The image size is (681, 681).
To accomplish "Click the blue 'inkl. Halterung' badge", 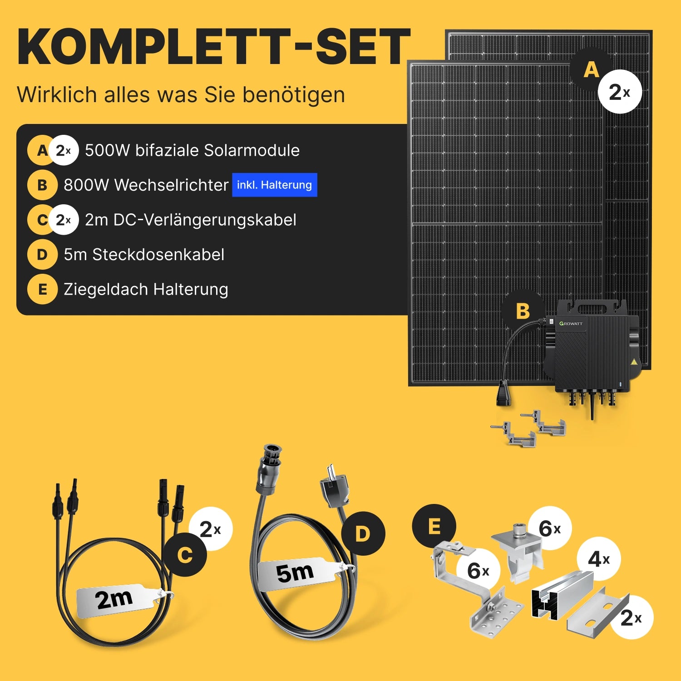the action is pos(275,185).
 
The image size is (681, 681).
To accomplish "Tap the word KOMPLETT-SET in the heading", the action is pos(214,47).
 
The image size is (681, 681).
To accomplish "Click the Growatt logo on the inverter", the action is pos(571,323).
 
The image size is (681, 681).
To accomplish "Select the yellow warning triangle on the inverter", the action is pos(634,362).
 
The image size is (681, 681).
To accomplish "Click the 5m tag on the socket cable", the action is pos(297,573).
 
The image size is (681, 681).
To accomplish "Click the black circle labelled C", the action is pos(185,555).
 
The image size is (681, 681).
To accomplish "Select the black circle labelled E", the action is pos(434,526).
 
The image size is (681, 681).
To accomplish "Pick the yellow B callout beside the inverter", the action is pos(523,311).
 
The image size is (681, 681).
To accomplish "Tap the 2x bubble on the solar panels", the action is pos(620,92).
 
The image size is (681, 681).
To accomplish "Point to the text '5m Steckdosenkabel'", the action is pos(144,255).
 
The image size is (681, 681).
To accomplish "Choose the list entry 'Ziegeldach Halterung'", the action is pos(146,290).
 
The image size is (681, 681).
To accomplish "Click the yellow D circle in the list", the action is pos(42,255).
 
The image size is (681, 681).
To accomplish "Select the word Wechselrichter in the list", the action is pos(171,185).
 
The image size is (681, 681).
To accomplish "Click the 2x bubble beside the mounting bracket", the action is pos(631,617).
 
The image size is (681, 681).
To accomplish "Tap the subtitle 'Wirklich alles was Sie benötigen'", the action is pos(181,95).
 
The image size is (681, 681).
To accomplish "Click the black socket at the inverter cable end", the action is pos(503,393).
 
